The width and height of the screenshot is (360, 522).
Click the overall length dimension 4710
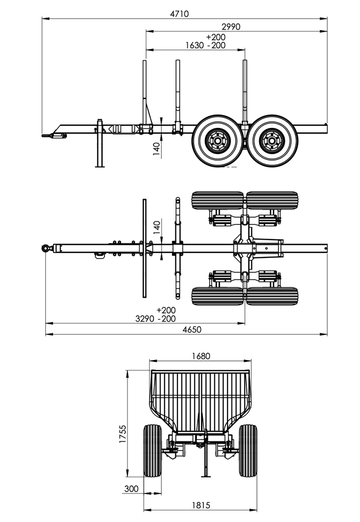click(x=179, y=14)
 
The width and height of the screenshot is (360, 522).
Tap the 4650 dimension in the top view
click(x=192, y=329)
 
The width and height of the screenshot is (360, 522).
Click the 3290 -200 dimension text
click(x=156, y=319)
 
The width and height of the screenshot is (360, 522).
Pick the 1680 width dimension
click(x=200, y=356)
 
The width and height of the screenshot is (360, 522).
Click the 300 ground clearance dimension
click(x=131, y=488)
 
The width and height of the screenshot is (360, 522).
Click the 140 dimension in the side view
click(x=157, y=148)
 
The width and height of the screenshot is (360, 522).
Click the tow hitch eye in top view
click(x=46, y=248)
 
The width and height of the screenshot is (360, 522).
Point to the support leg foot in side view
click(x=99, y=165)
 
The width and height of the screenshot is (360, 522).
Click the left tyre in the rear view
click(x=152, y=451)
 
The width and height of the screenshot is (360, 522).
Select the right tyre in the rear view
click(x=248, y=451)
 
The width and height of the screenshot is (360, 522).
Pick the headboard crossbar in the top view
click(x=144, y=248)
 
